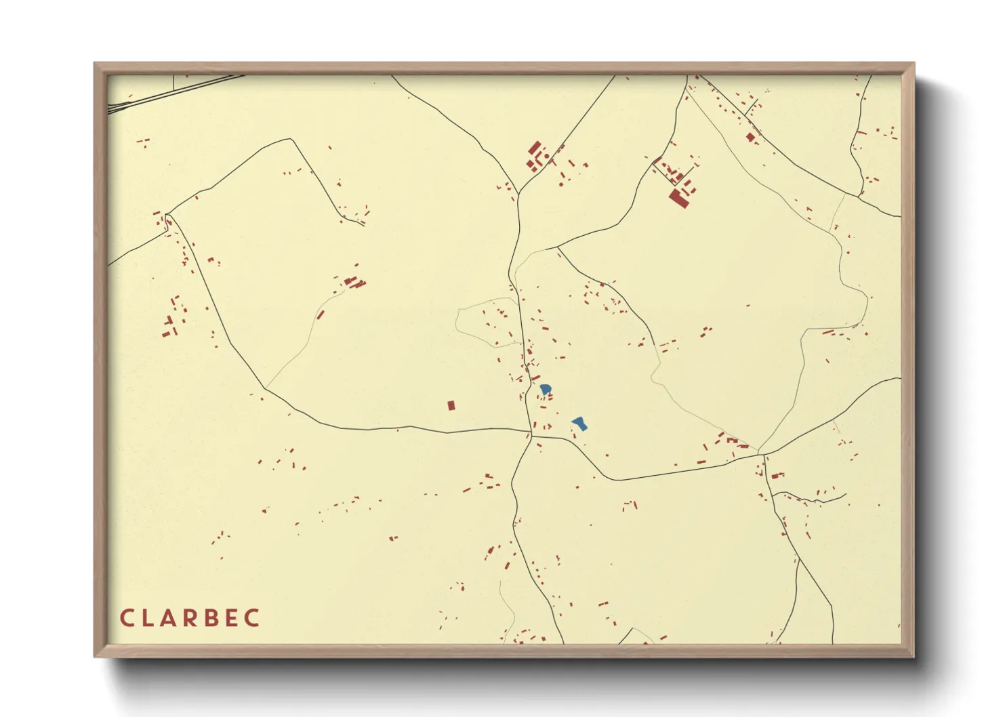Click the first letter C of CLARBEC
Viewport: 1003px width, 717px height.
click(x=127, y=618)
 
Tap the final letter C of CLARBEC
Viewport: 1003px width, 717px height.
click(x=253, y=618)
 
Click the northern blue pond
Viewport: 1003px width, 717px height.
click(x=545, y=390)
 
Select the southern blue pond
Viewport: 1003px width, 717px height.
click(x=579, y=424)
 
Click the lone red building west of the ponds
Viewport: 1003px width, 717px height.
click(x=451, y=405)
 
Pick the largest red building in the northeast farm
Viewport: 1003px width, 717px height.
click(x=678, y=199)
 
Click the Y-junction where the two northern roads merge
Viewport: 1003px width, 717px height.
click(x=518, y=195)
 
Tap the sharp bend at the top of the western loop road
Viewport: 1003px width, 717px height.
click(x=291, y=140)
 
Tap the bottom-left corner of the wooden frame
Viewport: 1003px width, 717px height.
click(x=96, y=655)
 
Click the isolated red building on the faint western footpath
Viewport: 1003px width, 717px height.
click(x=320, y=314)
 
